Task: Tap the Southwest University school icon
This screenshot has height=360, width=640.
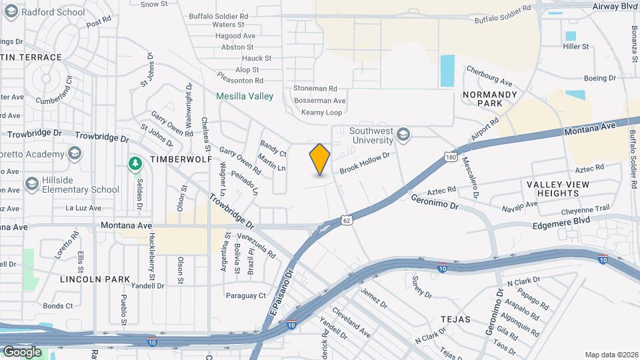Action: coord(403,136)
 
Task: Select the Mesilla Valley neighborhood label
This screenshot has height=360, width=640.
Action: coord(245,96)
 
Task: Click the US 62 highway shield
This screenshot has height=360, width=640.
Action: coord(345,219)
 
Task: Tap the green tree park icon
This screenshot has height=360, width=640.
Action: coord(135,163)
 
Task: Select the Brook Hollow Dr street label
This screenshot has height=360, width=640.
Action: coord(364,162)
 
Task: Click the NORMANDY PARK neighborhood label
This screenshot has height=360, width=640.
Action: coord(490,99)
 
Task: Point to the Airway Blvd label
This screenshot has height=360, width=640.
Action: coord(615,5)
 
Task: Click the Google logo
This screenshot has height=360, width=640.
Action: coord(22,351)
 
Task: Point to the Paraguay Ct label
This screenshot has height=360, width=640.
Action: coord(245,295)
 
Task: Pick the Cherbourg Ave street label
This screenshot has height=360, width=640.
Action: coord(489,76)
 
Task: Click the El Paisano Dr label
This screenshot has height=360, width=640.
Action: coord(281,293)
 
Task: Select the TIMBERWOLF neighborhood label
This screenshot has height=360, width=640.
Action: coord(181,160)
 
